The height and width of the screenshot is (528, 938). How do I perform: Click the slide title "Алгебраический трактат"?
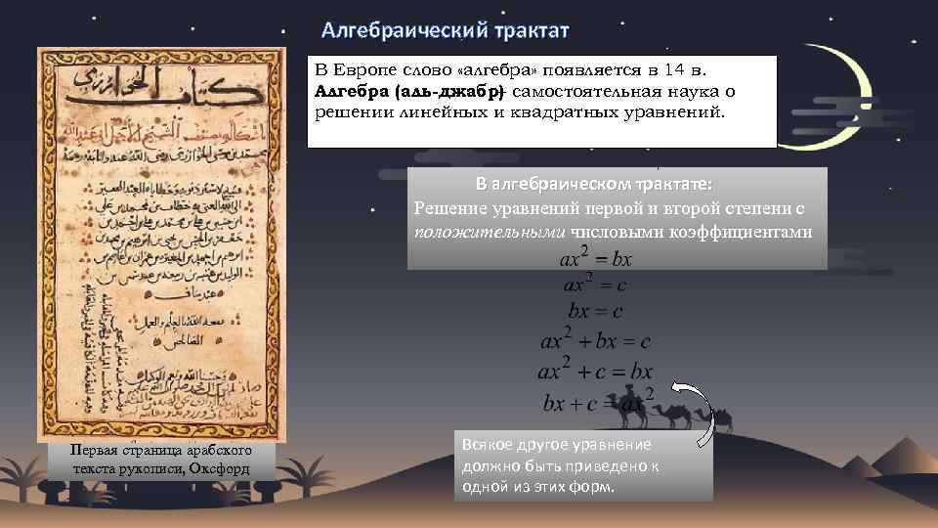click(x=446, y=30)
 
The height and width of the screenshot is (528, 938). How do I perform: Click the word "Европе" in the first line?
click(x=372, y=71)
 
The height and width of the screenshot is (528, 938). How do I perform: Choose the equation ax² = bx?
click(x=595, y=259)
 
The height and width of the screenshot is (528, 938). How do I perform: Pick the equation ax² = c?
click(x=595, y=286)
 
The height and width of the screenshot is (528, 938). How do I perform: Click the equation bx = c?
click(x=595, y=312)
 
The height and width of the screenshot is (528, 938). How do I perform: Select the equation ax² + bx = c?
click(x=595, y=341)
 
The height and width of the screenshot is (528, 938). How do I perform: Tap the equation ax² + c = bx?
click(x=595, y=372)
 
